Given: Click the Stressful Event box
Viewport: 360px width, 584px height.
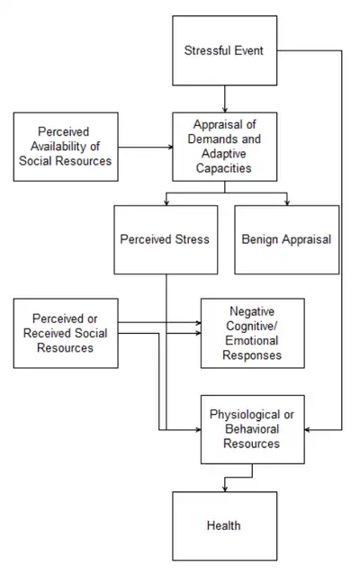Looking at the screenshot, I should click(225, 50).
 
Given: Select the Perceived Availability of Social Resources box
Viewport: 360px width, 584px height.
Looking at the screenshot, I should click(65, 146).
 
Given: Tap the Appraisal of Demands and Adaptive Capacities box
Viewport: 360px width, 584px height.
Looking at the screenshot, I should click(225, 146).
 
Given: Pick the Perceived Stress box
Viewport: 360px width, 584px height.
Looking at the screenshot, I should click(166, 239).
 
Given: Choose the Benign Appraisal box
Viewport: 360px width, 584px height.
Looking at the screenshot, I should click(286, 239).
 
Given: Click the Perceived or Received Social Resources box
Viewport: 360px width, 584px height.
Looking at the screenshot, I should click(65, 333).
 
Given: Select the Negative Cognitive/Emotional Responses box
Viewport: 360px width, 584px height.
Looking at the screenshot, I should click(253, 332).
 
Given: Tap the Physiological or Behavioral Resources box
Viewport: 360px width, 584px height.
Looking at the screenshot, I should click(253, 429).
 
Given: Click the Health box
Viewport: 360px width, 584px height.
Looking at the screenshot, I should click(225, 525).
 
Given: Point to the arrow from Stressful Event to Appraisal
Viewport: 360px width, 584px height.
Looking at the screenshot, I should click(225, 94).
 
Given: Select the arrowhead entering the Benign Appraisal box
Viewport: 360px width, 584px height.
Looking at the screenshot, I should click(286, 202).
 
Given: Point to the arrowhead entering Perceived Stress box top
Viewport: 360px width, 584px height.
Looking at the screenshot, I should click(166, 202).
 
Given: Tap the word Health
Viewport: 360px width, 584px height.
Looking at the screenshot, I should click(225, 525).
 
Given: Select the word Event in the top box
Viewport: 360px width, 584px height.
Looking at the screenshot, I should click(247, 50).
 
